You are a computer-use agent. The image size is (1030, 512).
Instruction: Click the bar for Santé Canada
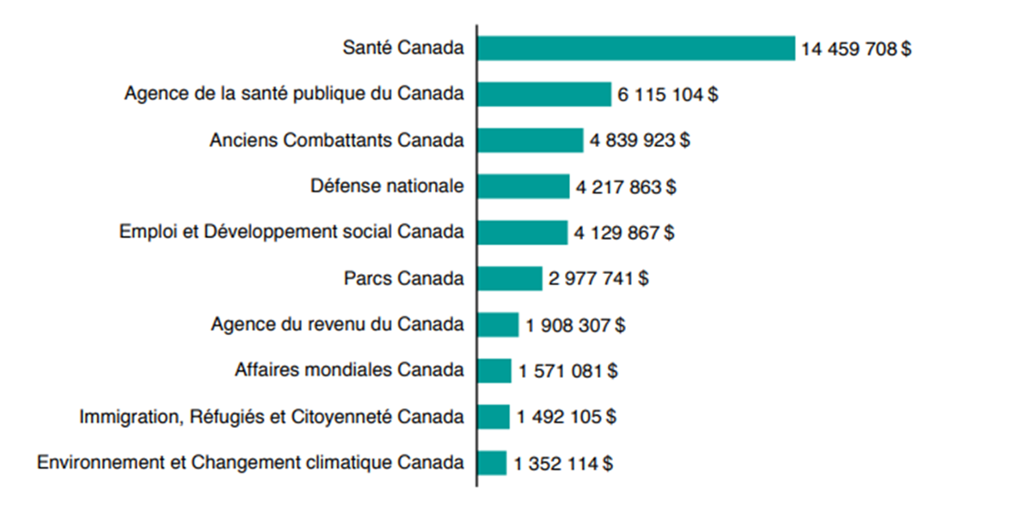[636, 48]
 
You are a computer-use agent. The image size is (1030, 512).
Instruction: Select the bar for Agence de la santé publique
[544, 94]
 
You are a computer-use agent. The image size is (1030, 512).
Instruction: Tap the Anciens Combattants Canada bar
[530, 140]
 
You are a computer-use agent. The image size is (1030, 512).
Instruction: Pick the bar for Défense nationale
[524, 186]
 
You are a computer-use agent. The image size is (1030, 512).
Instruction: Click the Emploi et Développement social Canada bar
[523, 232]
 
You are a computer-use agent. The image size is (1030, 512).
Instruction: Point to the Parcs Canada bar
[510, 278]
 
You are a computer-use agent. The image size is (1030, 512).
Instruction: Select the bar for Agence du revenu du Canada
[499, 325]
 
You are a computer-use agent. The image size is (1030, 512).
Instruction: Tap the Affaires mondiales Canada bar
[494, 370]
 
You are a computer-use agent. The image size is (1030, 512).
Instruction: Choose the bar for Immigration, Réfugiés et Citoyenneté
[494, 417]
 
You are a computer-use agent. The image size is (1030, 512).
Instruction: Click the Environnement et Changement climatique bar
[492, 463]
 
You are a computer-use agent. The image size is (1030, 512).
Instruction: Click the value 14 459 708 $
[855, 49]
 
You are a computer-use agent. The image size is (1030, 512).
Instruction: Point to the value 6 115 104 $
[667, 94]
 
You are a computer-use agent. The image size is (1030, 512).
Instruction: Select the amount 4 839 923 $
[639, 141]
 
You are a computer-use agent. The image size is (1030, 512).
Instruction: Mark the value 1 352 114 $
[563, 464]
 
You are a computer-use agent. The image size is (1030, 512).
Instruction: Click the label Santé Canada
[402, 48]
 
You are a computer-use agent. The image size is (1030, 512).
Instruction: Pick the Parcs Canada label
[402, 278]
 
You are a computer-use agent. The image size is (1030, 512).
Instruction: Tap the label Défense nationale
[386, 186]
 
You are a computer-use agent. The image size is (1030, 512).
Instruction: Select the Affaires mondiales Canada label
[349, 370]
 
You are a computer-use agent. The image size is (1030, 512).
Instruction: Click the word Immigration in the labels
[121, 418]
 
